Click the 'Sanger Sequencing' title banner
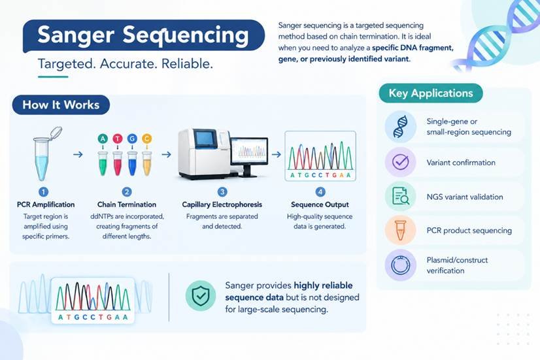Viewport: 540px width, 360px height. tap(144, 36)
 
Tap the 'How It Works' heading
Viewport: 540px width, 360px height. tap(61, 105)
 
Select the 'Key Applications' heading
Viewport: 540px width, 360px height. tap(430, 93)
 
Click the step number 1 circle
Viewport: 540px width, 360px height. tap(43, 191)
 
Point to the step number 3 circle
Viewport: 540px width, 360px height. tap(222, 191)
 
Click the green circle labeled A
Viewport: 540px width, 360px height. tap(103, 139)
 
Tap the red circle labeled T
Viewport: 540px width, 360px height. tap(118, 139)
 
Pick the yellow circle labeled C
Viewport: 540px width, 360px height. tap(146, 139)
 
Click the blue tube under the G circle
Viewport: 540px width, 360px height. tap(132, 163)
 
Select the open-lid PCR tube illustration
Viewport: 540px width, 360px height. tap(44, 154)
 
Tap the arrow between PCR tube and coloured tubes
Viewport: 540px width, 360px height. tap(78, 155)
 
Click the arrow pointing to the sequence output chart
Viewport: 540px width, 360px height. tap(276, 155)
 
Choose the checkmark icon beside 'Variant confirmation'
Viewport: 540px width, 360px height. tap(401, 162)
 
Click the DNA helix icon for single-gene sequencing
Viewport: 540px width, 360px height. tap(401, 127)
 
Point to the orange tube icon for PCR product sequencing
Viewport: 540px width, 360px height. tap(401, 230)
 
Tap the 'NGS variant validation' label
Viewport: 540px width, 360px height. tap(465, 197)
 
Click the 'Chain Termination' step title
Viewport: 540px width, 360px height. tap(127, 205)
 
